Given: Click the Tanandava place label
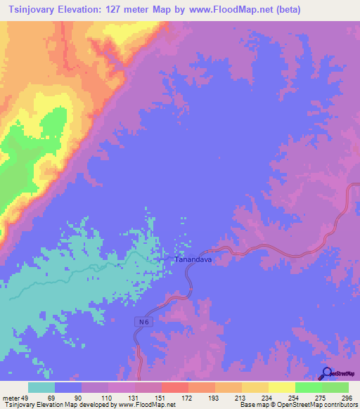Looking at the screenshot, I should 193,259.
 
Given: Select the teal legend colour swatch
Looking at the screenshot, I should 41,387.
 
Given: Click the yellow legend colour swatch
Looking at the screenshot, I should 281,387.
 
